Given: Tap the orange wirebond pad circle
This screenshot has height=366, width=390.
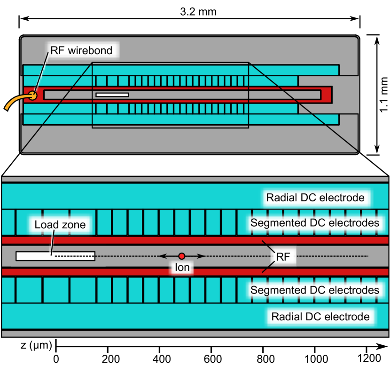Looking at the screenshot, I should coord(32,95).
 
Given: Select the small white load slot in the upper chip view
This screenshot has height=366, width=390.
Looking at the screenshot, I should coord(112,95).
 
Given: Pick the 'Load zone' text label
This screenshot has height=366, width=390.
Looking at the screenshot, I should coord(60,224).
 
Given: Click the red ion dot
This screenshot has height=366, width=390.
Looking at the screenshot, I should coord(182,256).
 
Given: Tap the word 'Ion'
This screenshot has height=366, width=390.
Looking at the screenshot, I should coord(182,268).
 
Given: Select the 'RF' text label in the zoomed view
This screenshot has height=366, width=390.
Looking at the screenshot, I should coord(283,257).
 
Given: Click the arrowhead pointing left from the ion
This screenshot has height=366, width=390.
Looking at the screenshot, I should coord(161,256).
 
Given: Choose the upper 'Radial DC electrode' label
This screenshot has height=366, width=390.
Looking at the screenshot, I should coord(315,198).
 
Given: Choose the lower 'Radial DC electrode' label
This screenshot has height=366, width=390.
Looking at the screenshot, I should coord(320,317).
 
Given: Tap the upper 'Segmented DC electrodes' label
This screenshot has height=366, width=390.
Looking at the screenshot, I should coord(315,223).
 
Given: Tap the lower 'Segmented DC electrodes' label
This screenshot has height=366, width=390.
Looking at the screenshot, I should coord(315,290).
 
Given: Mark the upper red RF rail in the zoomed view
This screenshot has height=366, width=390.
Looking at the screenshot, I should coord(141,240).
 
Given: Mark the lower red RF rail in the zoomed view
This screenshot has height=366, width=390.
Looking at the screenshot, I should coord(141,272).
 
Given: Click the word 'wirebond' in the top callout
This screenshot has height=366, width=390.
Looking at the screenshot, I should coord(91,50).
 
